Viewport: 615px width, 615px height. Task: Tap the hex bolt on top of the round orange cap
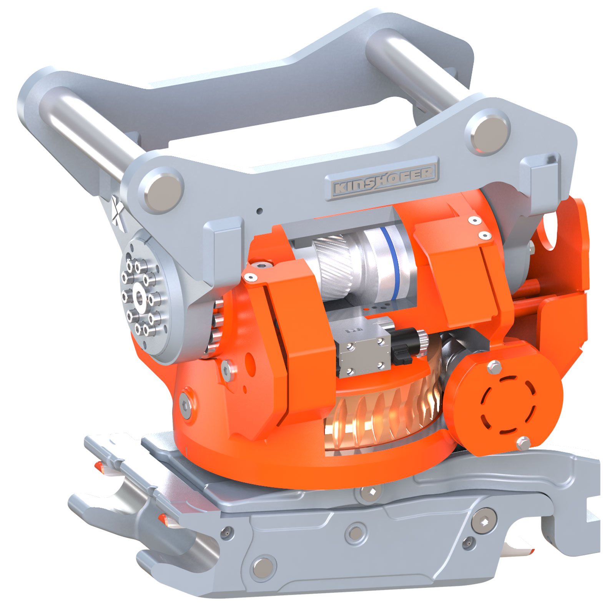494,367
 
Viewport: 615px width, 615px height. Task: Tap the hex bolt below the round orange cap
523,443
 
